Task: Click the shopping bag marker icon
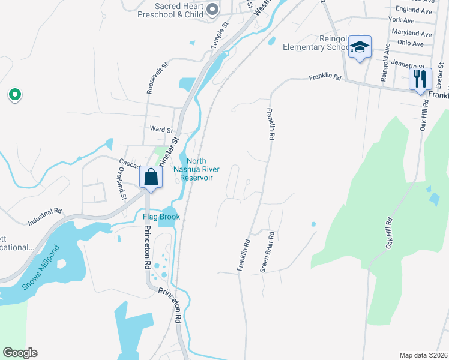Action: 150,178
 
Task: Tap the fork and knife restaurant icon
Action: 420,79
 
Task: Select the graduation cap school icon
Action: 359,47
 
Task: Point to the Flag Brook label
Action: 161,217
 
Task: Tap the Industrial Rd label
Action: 45,217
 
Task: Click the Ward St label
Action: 161,129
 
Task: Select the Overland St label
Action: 122,183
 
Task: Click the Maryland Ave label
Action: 411,32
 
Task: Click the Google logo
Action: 20,353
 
